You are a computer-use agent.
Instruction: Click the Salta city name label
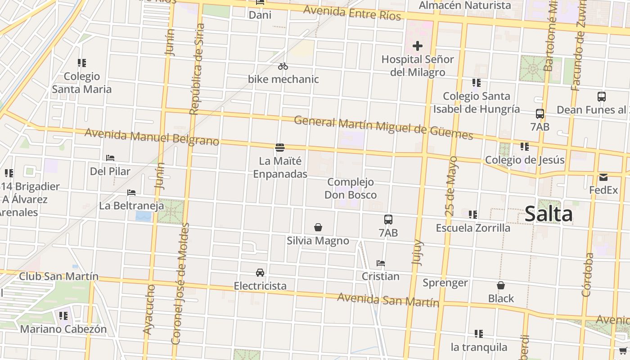(549, 214)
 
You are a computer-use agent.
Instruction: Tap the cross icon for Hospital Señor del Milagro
(418, 45)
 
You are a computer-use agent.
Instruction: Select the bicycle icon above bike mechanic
(283, 66)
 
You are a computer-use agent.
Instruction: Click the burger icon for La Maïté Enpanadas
(280, 148)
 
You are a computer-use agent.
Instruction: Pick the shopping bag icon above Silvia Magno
(318, 227)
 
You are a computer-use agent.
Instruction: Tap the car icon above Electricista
(260, 272)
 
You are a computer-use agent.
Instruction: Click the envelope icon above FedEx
(603, 177)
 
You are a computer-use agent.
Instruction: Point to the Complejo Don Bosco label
(351, 189)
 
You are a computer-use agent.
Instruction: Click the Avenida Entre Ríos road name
(352, 13)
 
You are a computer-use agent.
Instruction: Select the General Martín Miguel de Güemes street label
(383, 127)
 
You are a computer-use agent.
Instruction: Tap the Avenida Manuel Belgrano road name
(152, 137)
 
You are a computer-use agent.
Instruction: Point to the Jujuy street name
(418, 252)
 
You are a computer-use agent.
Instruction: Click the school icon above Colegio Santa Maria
(81, 63)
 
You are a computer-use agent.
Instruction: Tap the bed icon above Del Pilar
(110, 158)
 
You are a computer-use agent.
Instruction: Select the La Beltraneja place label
(131, 206)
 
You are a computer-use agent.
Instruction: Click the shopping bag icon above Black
(500, 285)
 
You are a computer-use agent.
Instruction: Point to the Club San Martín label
(58, 276)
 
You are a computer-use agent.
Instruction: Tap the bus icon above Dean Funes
(601, 96)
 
